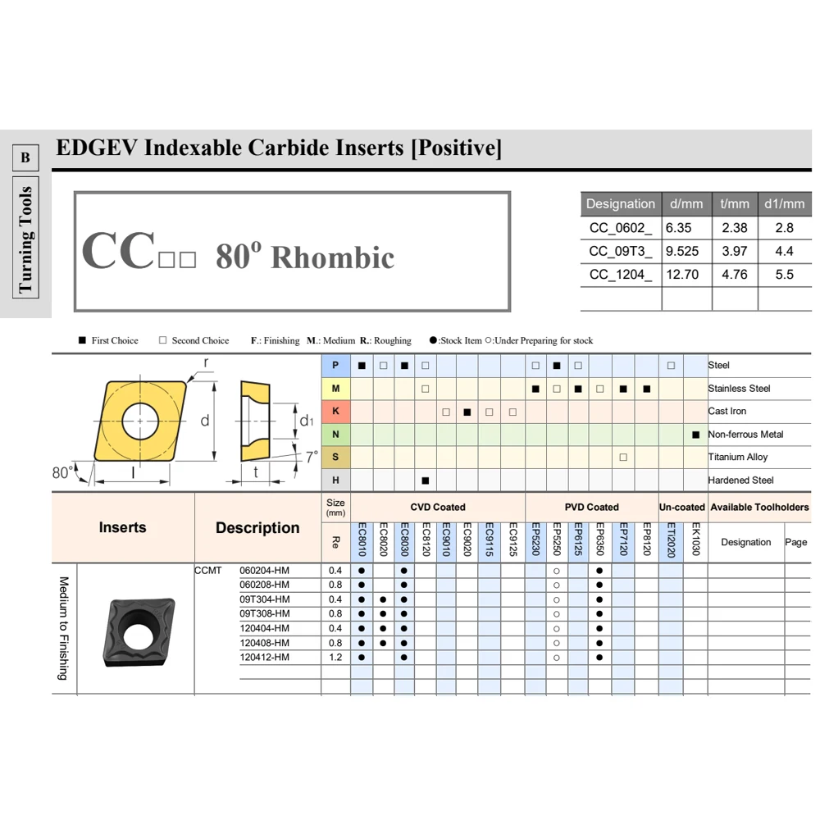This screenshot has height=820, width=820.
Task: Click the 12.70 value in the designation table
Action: (x=682, y=275)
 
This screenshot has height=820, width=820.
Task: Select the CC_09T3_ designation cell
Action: (x=621, y=251)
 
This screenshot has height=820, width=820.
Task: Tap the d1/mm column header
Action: (x=785, y=204)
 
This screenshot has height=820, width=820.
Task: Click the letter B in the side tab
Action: (x=25, y=157)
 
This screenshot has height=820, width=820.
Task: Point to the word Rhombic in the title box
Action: (x=332, y=257)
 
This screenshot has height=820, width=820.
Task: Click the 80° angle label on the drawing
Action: (x=62, y=472)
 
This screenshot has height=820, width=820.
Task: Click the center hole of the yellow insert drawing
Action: (x=140, y=421)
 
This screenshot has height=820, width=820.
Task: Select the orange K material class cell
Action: (x=335, y=411)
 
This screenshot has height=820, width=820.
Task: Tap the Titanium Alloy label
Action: (x=737, y=457)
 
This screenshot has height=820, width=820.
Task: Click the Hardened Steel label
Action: (x=740, y=480)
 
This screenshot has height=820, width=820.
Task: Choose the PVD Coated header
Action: (x=591, y=507)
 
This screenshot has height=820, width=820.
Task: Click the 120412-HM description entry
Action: (x=264, y=658)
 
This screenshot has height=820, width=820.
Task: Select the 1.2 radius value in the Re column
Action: (x=335, y=658)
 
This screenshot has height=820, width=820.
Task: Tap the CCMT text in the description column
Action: (x=208, y=570)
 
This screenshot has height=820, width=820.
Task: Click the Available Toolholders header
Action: (x=759, y=507)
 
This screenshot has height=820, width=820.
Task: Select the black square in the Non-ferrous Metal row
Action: (x=695, y=434)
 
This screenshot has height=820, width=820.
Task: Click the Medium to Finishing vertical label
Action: (x=64, y=628)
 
